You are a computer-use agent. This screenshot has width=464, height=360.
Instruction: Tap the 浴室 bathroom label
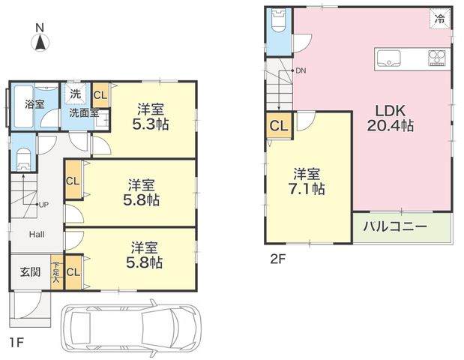(34, 104)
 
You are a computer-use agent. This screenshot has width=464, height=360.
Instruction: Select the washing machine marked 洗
(76, 94)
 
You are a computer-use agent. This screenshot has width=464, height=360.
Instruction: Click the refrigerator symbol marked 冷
(440, 19)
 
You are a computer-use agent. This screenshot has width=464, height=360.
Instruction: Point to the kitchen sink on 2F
(388, 58)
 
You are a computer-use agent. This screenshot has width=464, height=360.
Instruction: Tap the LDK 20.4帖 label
(391, 118)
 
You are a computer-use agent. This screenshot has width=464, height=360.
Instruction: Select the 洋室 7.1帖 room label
(307, 181)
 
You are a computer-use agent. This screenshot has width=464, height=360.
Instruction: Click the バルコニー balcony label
(395, 226)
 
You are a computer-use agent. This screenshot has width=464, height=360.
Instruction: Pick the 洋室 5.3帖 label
(151, 117)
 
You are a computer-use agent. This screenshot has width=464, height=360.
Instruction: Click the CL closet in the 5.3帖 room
(100, 95)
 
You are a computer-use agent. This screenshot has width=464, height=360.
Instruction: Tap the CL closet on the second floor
(279, 126)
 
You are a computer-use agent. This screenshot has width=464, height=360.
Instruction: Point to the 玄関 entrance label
(30, 271)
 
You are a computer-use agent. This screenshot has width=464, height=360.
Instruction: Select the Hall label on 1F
(37, 235)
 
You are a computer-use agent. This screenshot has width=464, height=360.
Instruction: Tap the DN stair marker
(301, 70)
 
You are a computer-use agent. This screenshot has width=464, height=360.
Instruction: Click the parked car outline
(130, 328)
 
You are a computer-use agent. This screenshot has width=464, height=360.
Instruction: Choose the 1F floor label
(16, 343)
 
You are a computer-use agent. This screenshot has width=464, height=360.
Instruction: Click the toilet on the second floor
(278, 20)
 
